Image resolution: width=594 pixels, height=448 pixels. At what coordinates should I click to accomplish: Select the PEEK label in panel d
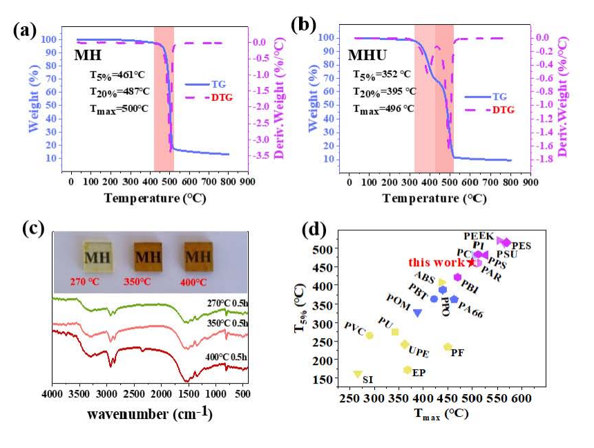click(478, 236)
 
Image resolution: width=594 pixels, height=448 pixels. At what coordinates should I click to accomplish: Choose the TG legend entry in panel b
click(487, 97)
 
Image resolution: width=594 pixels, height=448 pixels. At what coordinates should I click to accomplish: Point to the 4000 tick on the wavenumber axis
click(52, 395)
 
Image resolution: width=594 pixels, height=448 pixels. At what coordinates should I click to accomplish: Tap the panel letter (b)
click(305, 26)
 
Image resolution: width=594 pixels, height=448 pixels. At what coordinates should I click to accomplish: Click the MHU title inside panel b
click(367, 54)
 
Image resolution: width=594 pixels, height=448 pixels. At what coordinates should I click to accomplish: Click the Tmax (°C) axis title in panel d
click(442, 413)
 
